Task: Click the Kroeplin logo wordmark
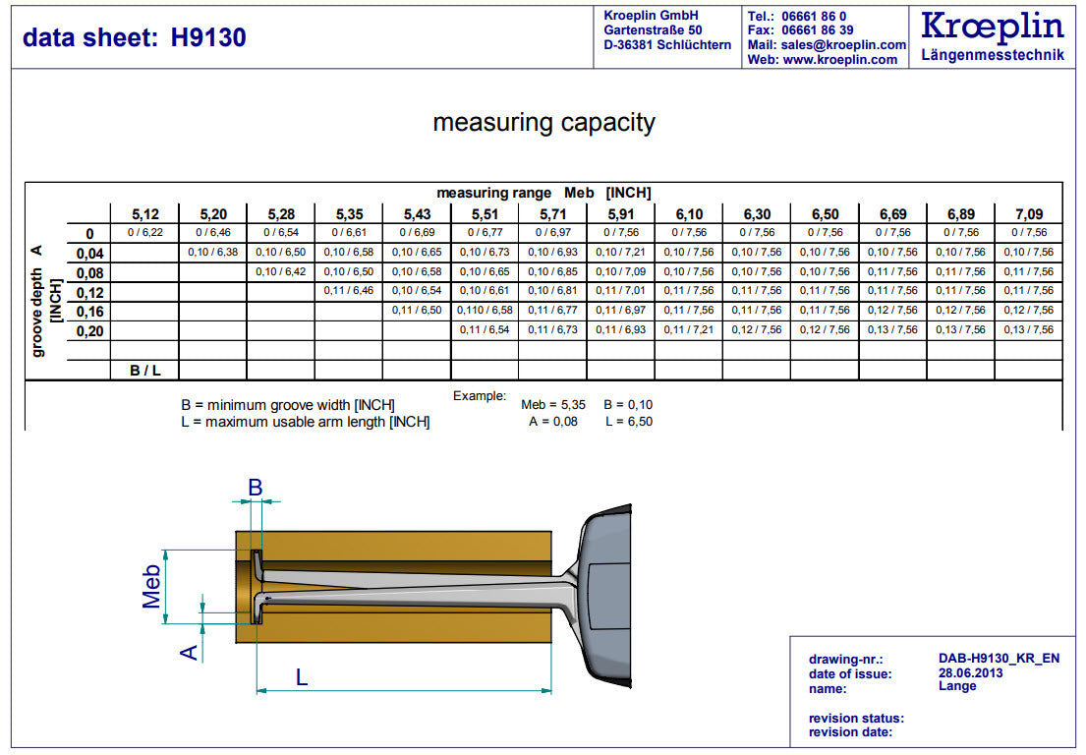[993, 27]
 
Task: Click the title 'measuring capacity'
[543, 123]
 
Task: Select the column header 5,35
[349, 213]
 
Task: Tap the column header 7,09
[1029, 213]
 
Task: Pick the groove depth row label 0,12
[89, 292]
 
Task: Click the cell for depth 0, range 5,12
[144, 233]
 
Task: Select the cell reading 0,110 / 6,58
[485, 311]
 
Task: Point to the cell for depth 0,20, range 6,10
[688, 330]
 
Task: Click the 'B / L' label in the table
[144, 371]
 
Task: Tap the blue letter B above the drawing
[255, 487]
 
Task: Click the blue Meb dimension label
[151, 586]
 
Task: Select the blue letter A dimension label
[191, 651]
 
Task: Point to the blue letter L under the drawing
[302, 676]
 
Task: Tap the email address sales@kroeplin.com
[840, 45]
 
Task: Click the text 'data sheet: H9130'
[135, 37]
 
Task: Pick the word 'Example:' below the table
[480, 396]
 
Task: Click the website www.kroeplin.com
[840, 60]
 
